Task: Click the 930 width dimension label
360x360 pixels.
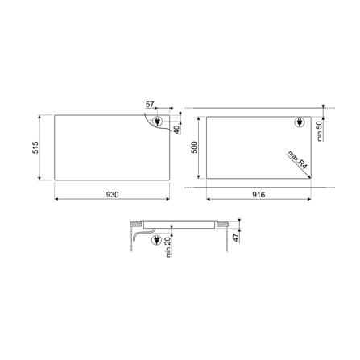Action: (112, 194)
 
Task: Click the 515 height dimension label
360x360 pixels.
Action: (35, 147)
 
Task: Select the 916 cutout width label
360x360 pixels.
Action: (259, 194)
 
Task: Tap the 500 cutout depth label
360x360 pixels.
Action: (194, 147)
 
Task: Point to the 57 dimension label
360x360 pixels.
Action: (150, 104)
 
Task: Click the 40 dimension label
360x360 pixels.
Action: (176, 130)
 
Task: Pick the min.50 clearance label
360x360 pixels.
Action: (319, 131)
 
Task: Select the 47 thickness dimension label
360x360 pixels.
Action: (235, 238)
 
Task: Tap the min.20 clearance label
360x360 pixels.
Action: (168, 247)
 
